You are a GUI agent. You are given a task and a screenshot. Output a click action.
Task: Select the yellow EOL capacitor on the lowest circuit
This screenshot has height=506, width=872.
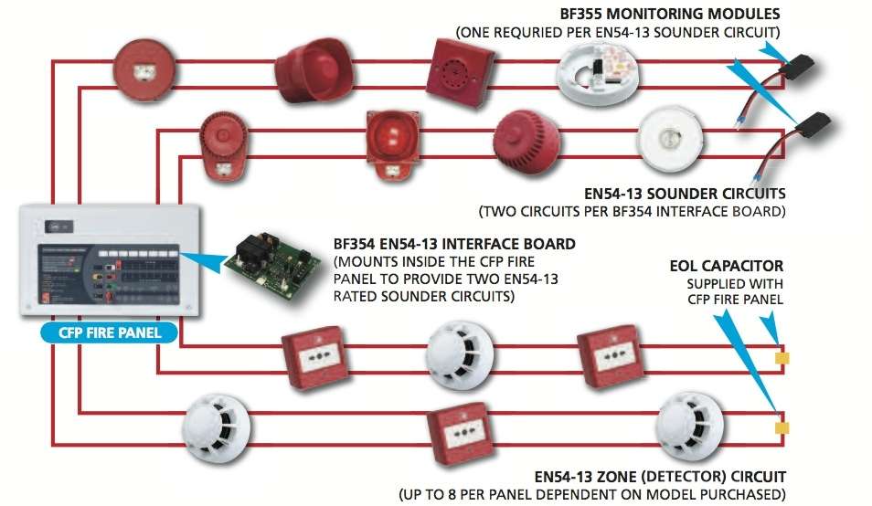(x=781, y=427)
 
